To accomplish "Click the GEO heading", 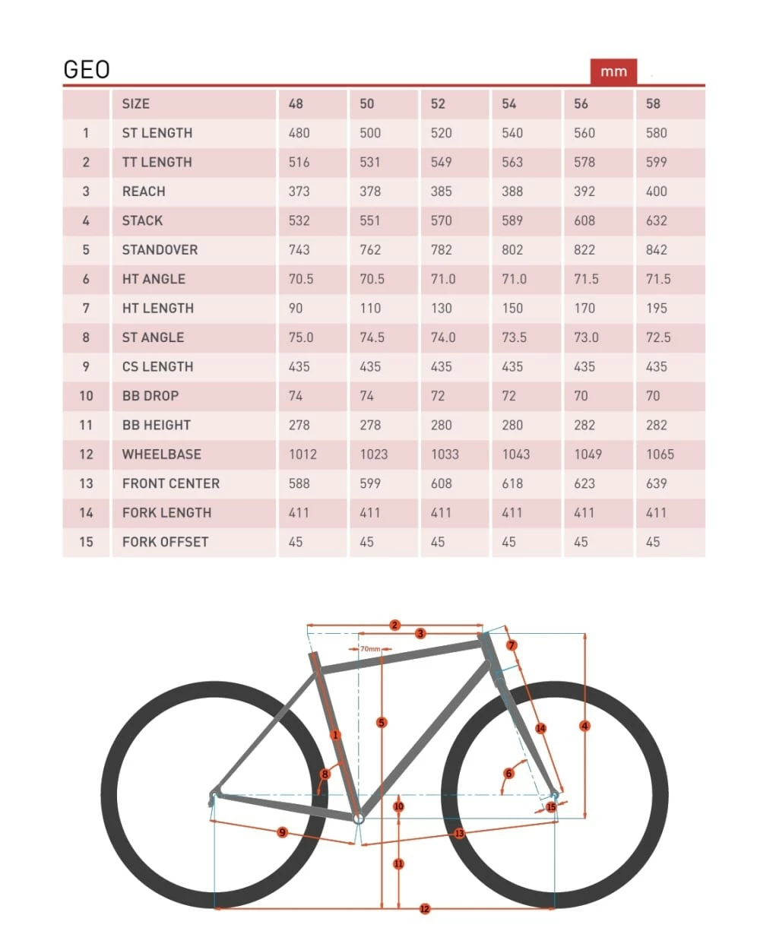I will [x=87, y=70].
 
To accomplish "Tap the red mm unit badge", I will [x=613, y=71].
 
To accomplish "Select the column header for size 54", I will [x=509, y=103].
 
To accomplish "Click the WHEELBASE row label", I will [x=162, y=454].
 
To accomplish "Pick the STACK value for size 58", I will [x=657, y=220].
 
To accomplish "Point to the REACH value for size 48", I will [x=299, y=192].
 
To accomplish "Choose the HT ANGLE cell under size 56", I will [x=586, y=279].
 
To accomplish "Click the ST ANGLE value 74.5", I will [x=372, y=337].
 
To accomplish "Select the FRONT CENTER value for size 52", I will [x=442, y=483].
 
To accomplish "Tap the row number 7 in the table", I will [x=86, y=308].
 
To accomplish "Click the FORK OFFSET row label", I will [x=165, y=542].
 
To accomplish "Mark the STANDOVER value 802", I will [x=512, y=250].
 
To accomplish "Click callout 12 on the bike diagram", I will [x=425, y=909].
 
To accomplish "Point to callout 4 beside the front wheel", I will [x=584, y=726].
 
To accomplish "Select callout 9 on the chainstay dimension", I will [x=282, y=832].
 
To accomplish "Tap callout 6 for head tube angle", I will [x=508, y=774].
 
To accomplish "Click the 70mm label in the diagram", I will [x=370, y=649].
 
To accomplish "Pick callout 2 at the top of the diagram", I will [x=394, y=625].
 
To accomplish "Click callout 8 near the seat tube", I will [x=325, y=774].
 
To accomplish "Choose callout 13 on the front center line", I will [x=459, y=834].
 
